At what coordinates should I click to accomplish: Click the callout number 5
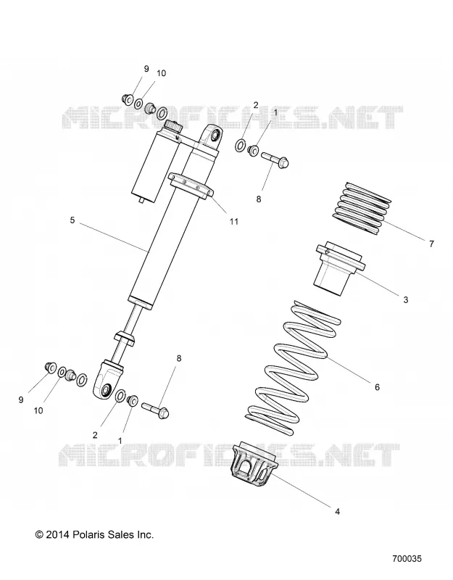tap(72, 220)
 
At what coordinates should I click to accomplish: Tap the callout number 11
tap(233, 222)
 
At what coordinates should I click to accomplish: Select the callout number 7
tap(431, 244)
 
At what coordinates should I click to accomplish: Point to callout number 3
tap(406, 299)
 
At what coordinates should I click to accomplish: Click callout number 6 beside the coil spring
tap(377, 387)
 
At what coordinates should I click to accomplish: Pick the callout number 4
tap(337, 512)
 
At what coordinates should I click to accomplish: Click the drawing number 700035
tap(407, 558)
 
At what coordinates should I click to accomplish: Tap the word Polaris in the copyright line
tap(88, 534)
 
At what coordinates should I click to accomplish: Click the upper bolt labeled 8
tap(275, 159)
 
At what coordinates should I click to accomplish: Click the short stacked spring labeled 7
tap(363, 208)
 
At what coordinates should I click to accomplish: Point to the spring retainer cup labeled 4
tap(255, 464)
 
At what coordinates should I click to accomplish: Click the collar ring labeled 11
tap(191, 186)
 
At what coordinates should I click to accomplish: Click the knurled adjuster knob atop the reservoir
tap(173, 126)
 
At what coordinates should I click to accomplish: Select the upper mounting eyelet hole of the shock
tap(215, 136)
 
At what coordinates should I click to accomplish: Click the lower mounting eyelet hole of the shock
tap(106, 390)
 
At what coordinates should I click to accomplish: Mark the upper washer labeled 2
tap(241, 146)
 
